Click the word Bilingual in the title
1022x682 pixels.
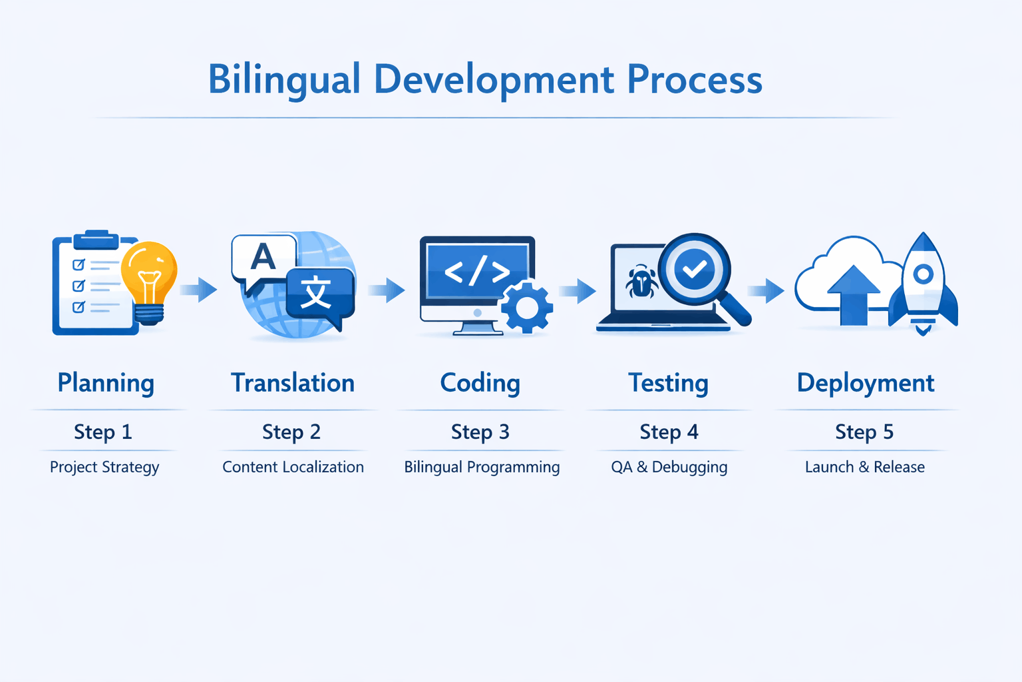point(284,80)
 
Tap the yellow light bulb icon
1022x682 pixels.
point(150,280)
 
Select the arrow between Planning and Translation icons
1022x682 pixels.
point(199,289)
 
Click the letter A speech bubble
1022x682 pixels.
point(263,258)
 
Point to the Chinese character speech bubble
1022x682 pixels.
point(317,294)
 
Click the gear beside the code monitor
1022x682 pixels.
point(526,307)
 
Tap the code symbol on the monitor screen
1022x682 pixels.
point(477,271)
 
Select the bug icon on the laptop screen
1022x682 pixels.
point(641,282)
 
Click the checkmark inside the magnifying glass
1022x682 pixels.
point(694,269)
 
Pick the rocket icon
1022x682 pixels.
point(923,283)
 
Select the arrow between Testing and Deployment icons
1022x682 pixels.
point(766,290)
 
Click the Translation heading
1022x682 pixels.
point(292,383)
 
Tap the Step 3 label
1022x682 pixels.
point(480,432)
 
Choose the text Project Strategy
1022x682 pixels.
point(104,467)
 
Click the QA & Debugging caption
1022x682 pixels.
point(669,467)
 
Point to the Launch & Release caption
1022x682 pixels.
point(864,467)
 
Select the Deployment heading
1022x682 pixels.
point(865,383)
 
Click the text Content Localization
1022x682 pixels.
point(293,467)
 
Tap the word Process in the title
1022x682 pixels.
point(694,80)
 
